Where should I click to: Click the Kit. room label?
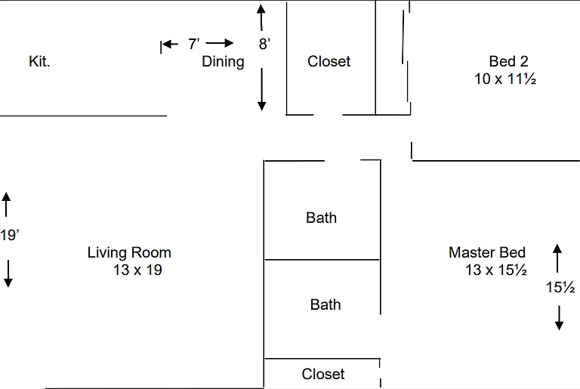(x=39, y=61)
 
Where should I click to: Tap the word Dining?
(x=223, y=62)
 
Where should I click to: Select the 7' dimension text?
(x=194, y=44)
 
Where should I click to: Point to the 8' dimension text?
(x=264, y=44)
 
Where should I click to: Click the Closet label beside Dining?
(x=329, y=61)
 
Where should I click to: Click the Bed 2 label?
(x=508, y=61)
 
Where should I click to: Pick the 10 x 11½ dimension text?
(x=505, y=79)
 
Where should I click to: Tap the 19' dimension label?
(x=10, y=235)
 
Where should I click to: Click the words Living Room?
(x=129, y=252)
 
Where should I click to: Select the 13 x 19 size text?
(x=137, y=270)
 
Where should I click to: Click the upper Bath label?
(x=322, y=218)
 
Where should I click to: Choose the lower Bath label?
(x=325, y=304)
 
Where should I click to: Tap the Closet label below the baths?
(x=323, y=374)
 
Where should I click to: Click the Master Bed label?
(x=487, y=252)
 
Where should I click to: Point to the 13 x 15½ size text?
(x=496, y=270)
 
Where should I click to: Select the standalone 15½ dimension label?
(x=560, y=287)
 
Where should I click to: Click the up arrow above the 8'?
(x=261, y=17)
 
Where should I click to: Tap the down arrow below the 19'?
(x=8, y=273)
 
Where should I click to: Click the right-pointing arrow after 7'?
(x=220, y=43)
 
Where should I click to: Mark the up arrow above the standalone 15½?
(x=557, y=258)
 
